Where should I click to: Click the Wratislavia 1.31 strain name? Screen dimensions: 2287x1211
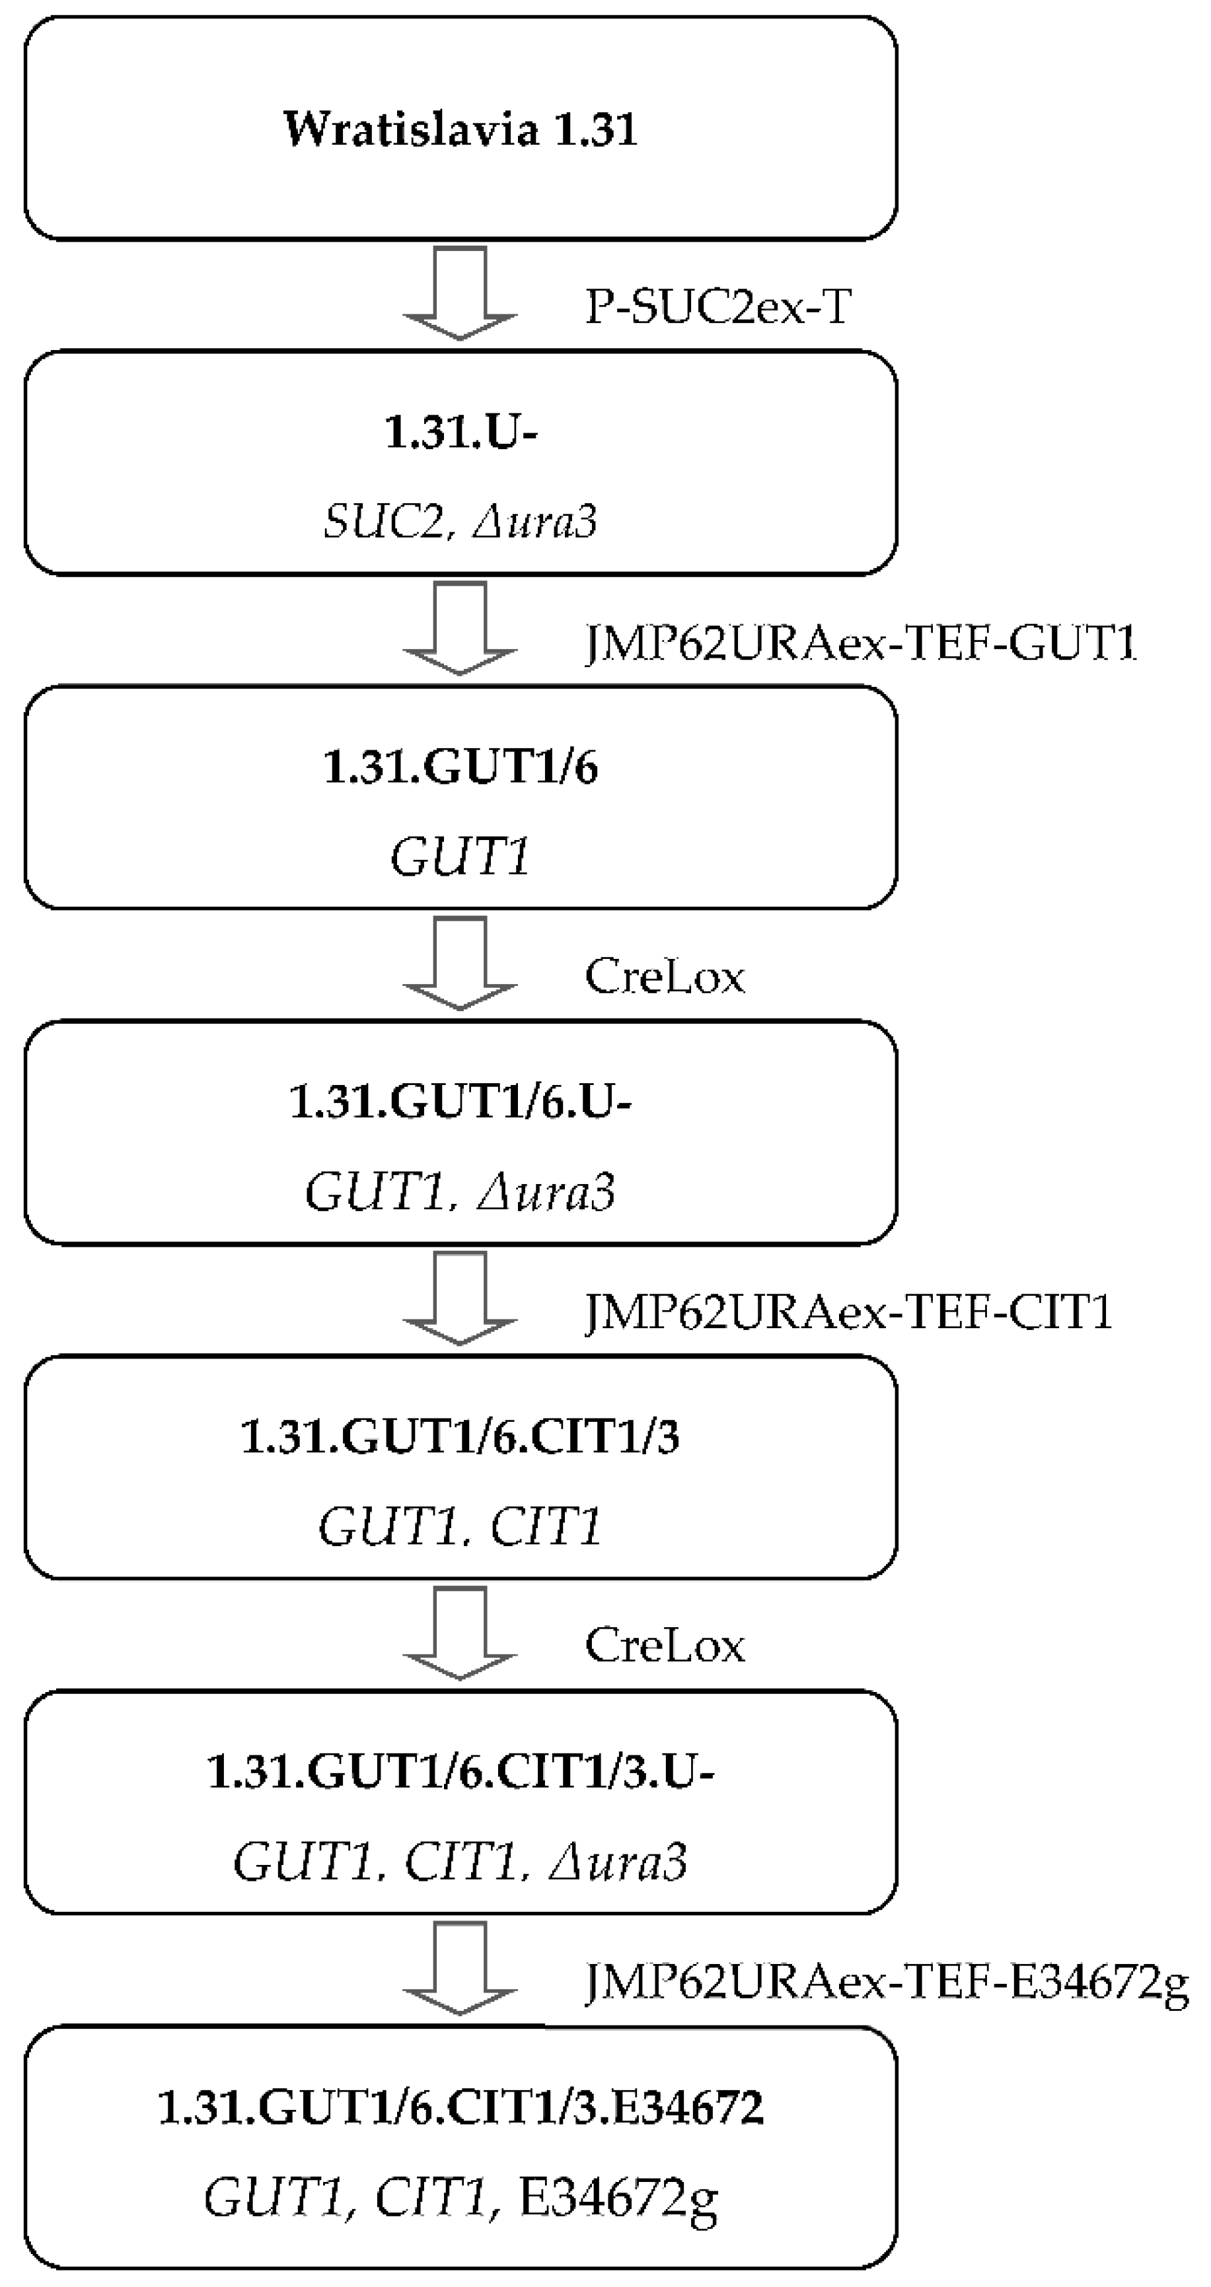point(460,129)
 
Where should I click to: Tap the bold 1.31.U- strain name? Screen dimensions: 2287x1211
point(460,433)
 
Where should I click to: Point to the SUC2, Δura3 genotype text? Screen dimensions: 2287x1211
point(460,521)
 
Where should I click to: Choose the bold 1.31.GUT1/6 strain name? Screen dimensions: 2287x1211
point(460,767)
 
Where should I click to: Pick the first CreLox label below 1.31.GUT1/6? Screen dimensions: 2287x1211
point(664,977)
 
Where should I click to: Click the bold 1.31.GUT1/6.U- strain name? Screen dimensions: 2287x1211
point(460,1102)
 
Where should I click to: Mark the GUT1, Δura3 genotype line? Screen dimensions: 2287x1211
point(460,1191)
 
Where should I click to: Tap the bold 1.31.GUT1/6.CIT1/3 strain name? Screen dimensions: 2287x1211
point(460,1436)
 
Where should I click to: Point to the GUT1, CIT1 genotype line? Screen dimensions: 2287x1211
point(460,1527)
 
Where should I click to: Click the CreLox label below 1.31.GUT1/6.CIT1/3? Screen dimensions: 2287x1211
point(664,1646)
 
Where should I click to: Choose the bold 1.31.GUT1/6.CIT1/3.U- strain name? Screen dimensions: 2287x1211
point(460,1771)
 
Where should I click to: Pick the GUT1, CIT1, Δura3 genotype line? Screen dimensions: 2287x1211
point(460,1862)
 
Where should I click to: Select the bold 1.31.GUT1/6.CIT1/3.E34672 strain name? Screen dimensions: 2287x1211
point(460,2107)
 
